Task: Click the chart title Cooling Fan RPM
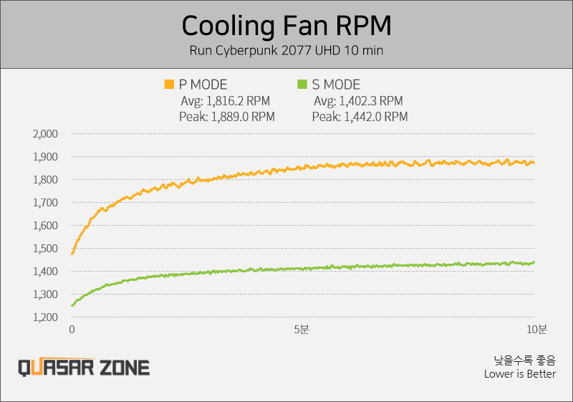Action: [286, 27]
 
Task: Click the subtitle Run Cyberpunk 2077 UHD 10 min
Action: [286, 51]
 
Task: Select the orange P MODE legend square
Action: [169, 85]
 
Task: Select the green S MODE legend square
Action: [302, 85]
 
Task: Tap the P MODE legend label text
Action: [203, 85]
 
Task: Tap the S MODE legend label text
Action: [336, 85]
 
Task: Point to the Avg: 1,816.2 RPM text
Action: [226, 101]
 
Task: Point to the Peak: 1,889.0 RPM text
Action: [227, 116]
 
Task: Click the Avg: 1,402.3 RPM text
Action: [358, 101]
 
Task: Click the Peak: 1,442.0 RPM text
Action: [360, 116]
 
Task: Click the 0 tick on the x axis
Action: [72, 330]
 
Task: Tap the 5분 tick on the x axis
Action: [302, 330]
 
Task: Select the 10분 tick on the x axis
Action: [536, 330]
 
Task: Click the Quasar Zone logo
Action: [84, 368]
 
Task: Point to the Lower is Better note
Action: [519, 373]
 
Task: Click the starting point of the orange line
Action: [72, 253]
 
